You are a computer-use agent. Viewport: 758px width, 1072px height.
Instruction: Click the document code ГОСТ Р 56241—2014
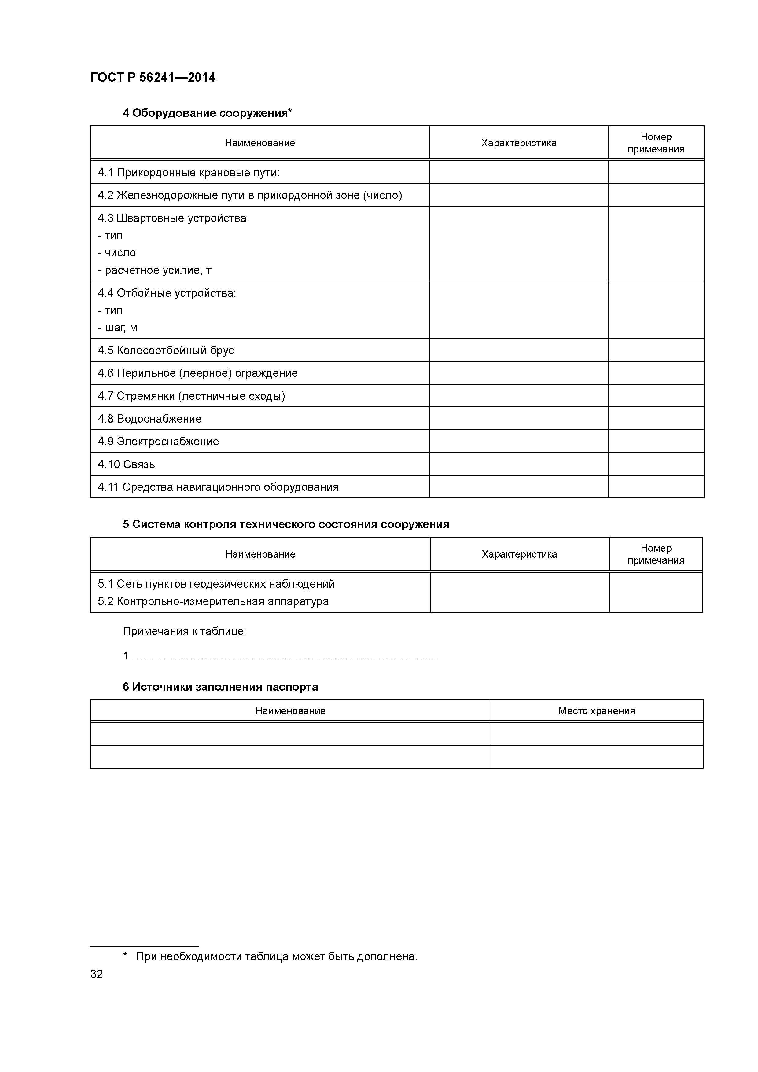click(153, 78)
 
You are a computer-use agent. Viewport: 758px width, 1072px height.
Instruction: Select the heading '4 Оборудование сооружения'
click(207, 113)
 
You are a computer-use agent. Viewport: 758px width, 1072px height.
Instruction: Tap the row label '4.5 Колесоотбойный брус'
click(166, 350)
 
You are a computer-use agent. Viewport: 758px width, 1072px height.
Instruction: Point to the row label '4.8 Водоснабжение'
click(149, 419)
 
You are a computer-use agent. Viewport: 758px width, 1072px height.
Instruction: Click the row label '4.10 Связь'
click(126, 464)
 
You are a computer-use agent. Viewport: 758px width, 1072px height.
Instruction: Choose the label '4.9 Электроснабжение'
click(158, 441)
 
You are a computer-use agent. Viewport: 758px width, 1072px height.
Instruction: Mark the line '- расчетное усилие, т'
click(155, 270)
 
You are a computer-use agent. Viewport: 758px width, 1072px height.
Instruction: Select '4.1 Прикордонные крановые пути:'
click(188, 173)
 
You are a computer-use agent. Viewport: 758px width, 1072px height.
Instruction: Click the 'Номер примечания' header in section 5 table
click(656, 554)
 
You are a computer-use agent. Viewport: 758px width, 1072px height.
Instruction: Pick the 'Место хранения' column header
click(596, 710)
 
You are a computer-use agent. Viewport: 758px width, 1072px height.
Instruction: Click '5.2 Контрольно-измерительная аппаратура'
click(213, 601)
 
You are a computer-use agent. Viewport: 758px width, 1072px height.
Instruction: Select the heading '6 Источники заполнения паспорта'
click(220, 687)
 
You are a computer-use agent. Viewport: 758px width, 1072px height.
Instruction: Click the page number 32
click(96, 974)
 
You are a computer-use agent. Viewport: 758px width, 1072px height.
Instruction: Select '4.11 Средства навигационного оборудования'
click(218, 487)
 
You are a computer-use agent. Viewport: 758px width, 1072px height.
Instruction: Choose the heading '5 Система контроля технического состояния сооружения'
click(286, 524)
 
